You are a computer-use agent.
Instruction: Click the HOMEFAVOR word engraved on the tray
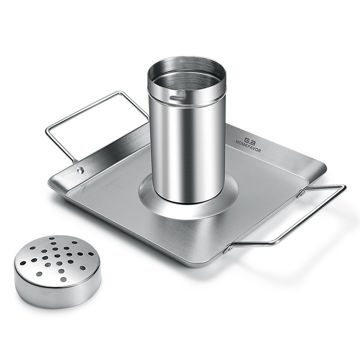tap(248, 147)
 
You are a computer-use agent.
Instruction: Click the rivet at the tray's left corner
tap(81, 170)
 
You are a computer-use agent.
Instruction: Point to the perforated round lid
tap(57, 271)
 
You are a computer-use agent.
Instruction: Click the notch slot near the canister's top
tap(177, 96)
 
